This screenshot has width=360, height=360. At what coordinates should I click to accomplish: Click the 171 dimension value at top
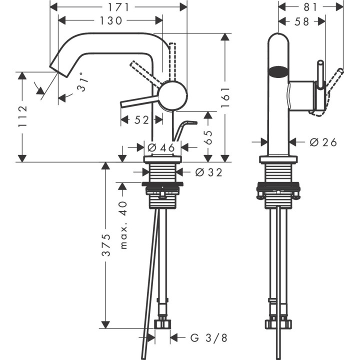pos(118,7)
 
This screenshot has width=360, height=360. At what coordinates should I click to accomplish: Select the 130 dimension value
pos(111,20)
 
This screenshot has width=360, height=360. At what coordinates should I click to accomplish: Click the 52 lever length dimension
pos(142,120)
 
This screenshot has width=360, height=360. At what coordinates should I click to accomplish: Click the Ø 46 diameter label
pos(161,147)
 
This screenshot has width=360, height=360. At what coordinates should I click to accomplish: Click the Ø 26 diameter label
pos(323,142)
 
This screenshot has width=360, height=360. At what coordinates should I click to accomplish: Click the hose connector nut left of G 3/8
pos(163,324)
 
